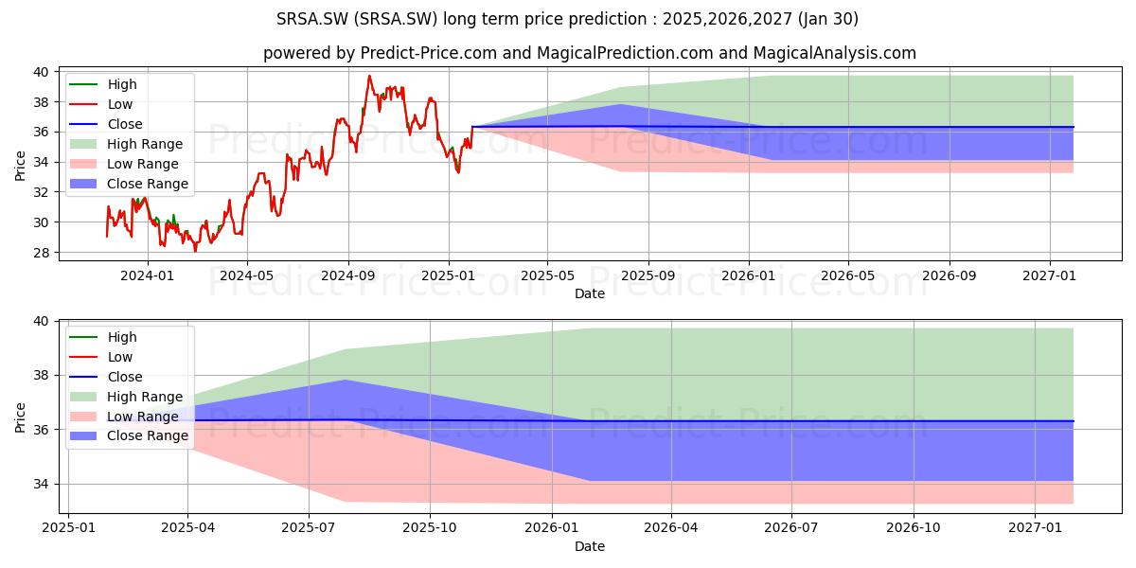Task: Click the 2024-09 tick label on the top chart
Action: (x=348, y=275)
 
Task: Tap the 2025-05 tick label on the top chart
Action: (x=548, y=275)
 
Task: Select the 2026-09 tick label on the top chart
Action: (x=949, y=275)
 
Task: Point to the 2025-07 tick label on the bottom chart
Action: (x=309, y=528)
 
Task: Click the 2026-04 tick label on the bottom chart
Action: (x=671, y=528)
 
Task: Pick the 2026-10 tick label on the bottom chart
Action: (x=914, y=528)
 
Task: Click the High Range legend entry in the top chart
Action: (x=126, y=144)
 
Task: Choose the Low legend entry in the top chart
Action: (x=100, y=104)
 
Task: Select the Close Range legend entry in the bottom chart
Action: (x=129, y=436)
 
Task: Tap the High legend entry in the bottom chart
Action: (x=103, y=337)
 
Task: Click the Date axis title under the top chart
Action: (x=589, y=293)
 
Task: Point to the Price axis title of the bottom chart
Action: (x=20, y=417)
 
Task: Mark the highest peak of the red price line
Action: (x=369, y=76)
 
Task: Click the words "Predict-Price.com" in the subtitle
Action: (x=429, y=53)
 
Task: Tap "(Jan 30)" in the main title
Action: (x=827, y=19)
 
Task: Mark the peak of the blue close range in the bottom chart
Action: (x=345, y=380)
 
